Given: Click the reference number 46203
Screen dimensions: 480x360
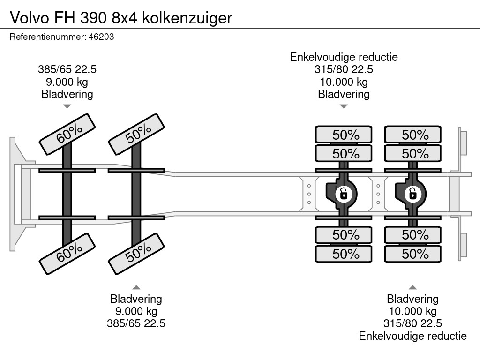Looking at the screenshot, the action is point(101,37).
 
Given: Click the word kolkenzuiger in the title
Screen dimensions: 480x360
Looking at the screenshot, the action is point(187,18).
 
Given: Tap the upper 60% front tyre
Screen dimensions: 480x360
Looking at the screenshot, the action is point(67,134).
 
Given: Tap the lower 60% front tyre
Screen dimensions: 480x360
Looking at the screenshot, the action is point(67,254).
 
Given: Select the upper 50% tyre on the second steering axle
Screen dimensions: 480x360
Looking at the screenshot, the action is point(136,134).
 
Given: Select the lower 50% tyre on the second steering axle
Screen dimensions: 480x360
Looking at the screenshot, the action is point(136,254).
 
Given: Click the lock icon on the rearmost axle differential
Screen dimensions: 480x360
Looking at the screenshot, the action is point(412,194).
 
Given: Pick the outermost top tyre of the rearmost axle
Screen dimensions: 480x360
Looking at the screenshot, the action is point(412,134).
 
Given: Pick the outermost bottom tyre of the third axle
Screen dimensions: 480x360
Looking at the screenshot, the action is point(344,254).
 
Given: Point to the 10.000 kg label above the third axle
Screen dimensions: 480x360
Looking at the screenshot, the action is point(344,82).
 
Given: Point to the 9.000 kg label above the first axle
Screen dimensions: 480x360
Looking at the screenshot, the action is point(67,82).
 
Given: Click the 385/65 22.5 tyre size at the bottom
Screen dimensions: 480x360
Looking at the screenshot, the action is point(136,323).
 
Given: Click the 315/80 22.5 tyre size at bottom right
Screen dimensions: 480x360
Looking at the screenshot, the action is point(412,323).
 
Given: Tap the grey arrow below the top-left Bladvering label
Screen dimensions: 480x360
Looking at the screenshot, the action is point(67,106).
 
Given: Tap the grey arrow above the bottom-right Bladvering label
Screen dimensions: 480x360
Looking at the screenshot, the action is point(412,287).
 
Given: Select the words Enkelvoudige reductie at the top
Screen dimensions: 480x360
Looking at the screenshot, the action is point(344,57).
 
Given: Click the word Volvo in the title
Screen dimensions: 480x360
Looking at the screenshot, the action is point(29,18).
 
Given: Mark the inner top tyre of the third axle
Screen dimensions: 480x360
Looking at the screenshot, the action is point(344,153).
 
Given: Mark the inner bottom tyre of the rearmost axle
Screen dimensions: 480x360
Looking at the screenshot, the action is point(412,235).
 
